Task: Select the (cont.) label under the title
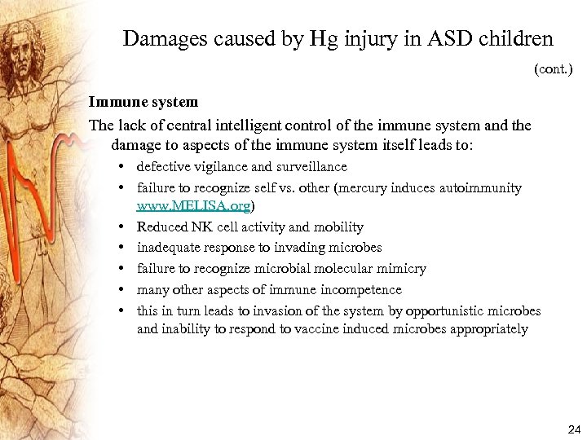pos(553,70)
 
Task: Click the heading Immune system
pos(143,103)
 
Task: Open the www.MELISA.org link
pos(194,207)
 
